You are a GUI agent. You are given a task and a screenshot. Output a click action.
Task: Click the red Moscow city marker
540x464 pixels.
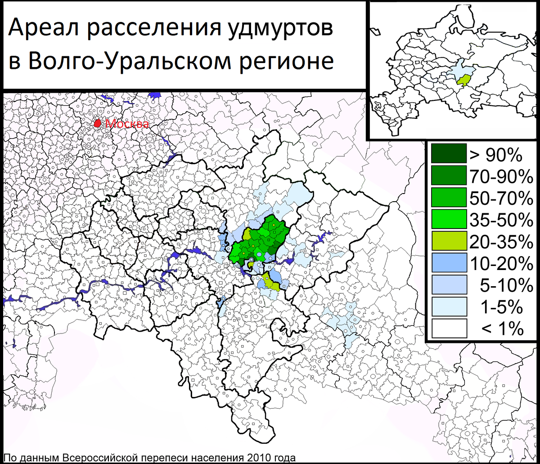click(97, 123)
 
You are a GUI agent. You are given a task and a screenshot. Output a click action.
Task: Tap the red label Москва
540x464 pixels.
click(127, 124)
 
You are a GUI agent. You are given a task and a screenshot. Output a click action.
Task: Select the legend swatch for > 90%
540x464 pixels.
click(449, 154)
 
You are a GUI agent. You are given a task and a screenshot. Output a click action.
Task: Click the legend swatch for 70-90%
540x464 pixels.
click(449, 176)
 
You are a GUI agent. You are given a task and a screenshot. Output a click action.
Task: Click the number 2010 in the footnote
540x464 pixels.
click(256, 458)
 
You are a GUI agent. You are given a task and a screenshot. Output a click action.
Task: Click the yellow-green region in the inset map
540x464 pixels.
click(462, 80)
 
